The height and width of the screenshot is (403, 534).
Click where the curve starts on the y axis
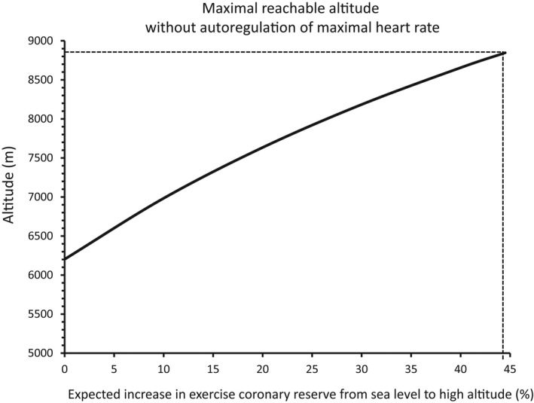tap(66, 259)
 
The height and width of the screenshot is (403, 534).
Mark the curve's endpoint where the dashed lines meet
tap(504, 53)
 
